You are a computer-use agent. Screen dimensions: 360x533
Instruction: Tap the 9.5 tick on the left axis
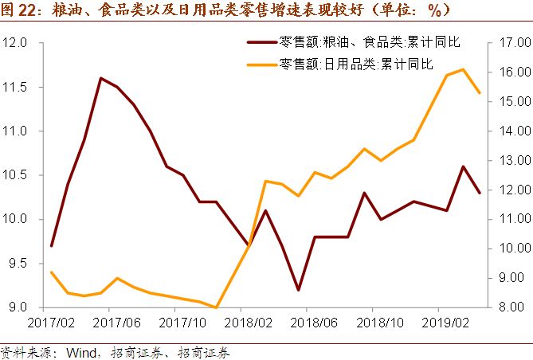(18, 264)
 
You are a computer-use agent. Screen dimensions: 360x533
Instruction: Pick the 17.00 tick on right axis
(510, 41)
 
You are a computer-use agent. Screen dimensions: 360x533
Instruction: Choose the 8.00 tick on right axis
(511, 307)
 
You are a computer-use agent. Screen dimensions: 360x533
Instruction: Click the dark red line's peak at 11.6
(100, 78)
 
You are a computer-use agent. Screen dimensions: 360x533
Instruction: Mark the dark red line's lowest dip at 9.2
(298, 290)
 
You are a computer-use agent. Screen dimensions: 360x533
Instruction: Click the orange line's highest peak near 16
(463, 69)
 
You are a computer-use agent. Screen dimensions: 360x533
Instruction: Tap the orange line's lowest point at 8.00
(216, 307)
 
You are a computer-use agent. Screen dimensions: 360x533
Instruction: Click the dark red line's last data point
(480, 193)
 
